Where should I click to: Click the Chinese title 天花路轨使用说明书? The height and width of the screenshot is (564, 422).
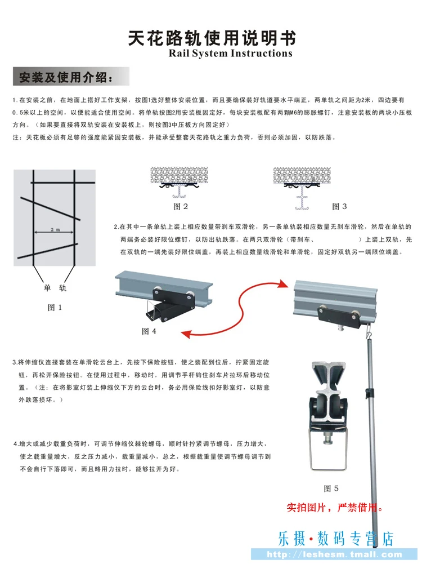tap(212, 38)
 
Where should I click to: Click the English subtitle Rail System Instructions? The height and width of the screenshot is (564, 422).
tap(231, 54)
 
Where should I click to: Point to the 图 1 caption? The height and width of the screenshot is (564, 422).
tap(55, 308)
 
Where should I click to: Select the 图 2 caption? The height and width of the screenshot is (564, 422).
tap(181, 206)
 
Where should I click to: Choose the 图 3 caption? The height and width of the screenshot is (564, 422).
tap(339, 206)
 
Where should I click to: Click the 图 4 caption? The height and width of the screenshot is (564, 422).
tap(149, 331)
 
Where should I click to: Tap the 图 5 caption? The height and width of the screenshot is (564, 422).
tap(331, 488)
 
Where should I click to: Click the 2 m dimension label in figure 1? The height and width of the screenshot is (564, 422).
tap(55, 229)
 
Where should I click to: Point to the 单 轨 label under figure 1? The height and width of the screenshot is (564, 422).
tap(55, 288)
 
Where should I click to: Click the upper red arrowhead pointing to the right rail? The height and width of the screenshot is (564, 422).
tap(284, 284)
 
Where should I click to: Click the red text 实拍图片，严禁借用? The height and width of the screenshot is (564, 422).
tap(335, 508)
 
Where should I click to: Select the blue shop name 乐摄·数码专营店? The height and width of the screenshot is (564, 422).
tap(336, 539)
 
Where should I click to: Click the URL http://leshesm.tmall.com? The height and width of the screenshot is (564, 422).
tap(334, 554)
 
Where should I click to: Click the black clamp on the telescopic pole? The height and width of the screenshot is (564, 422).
tap(370, 392)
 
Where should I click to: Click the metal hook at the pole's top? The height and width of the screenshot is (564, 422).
tap(369, 331)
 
